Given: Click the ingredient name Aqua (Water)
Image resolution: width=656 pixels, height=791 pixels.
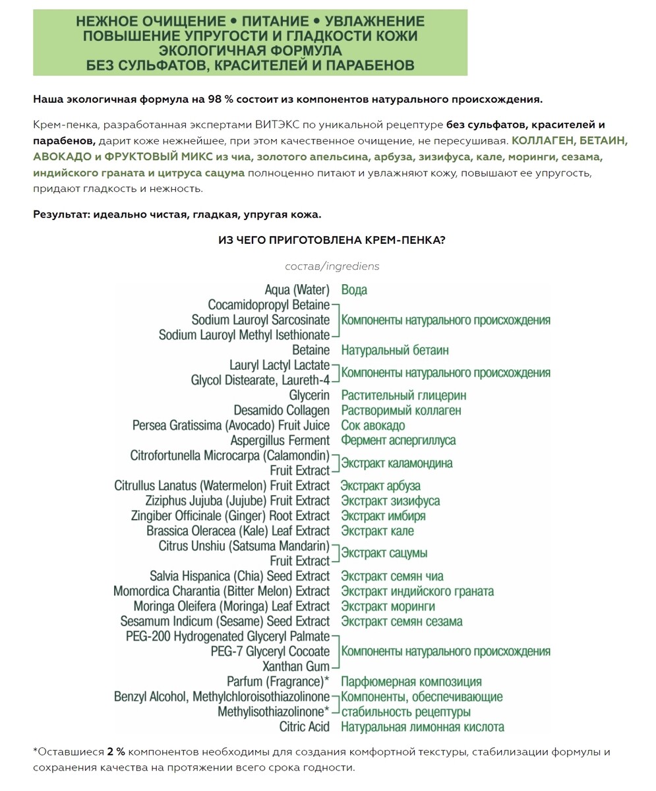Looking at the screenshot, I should click(297, 290).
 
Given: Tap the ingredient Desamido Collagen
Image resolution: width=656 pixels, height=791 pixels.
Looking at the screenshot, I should click(281, 411).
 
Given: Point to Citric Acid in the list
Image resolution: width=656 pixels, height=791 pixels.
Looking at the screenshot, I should click(305, 727).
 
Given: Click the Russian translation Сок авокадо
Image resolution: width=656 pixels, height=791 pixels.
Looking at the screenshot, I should click(373, 426).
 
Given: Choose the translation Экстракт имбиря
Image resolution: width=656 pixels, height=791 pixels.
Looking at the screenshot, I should click(383, 516).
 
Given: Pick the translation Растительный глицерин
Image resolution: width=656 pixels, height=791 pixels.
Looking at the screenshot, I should click(403, 395).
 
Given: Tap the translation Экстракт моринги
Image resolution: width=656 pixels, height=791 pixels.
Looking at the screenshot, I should click(388, 606).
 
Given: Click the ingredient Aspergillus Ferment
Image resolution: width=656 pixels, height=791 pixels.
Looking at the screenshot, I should click(280, 440).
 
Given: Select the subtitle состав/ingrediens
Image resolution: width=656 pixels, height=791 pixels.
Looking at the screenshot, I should click(332, 266).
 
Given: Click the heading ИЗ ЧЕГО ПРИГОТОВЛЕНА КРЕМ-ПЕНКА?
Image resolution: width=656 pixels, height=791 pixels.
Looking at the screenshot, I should click(332, 241).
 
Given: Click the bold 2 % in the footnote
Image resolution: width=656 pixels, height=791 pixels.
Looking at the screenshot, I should click(116, 752).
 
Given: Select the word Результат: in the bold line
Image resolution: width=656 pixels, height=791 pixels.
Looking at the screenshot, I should click(61, 215).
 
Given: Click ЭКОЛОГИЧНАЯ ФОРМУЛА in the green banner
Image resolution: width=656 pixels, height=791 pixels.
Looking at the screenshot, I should click(251, 51).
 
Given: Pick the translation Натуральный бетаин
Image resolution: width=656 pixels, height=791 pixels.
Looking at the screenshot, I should click(394, 350).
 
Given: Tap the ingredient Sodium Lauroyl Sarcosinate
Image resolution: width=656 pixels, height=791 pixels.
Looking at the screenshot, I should click(260, 320).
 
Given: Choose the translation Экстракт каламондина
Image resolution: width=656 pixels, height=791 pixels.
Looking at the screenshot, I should click(396, 463).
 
